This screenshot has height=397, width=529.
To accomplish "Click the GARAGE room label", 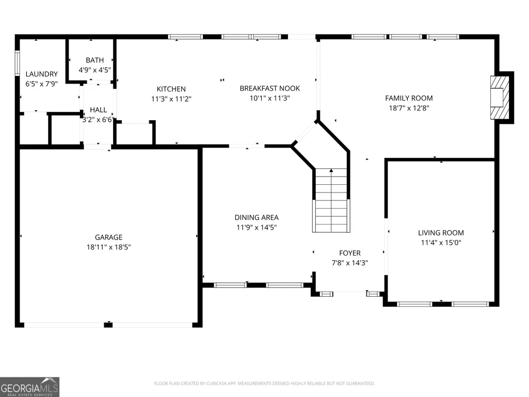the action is [x=108, y=237].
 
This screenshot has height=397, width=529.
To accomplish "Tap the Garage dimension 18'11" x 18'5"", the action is [x=108, y=247].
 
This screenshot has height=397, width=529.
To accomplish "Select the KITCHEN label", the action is [x=171, y=89].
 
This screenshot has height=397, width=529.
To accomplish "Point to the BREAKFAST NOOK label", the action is [x=270, y=88].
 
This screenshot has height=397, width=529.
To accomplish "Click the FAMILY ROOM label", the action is [x=409, y=98].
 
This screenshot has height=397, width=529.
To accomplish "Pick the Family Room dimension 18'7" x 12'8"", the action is [x=409, y=108].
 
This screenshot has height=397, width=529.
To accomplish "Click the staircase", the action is [x=331, y=200].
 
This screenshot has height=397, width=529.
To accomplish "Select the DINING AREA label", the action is [x=257, y=217].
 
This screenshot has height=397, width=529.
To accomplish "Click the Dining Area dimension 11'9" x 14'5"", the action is [x=257, y=228].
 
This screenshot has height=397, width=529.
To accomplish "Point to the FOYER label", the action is [x=350, y=253].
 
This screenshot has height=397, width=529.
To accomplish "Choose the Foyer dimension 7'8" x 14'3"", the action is [x=350, y=263].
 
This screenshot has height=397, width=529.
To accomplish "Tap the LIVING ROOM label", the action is [x=441, y=233].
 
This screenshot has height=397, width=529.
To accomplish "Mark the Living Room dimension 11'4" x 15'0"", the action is [x=441, y=243].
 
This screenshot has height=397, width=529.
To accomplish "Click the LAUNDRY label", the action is [x=42, y=74].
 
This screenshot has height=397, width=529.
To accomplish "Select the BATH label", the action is [x=95, y=60].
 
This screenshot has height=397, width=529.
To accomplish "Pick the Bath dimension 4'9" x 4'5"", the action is [x=95, y=70].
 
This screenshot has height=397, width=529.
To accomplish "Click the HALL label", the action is [x=98, y=110].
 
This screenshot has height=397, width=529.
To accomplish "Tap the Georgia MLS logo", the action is [x=30, y=387].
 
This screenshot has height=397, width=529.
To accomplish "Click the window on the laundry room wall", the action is [x=17, y=63].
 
